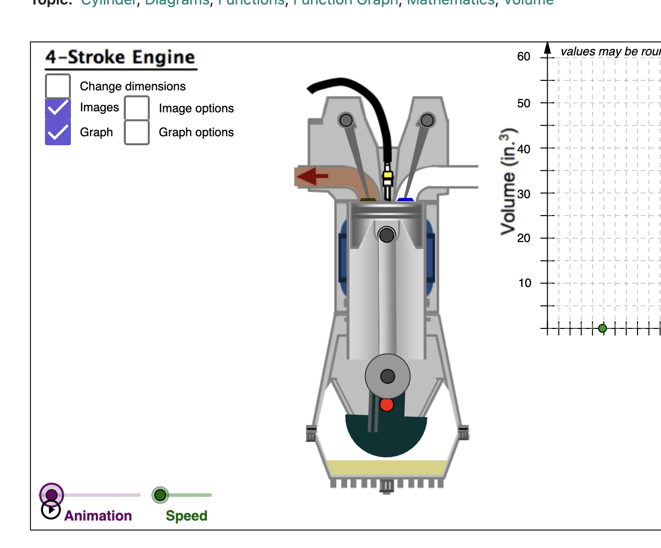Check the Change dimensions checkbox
tap(58, 86)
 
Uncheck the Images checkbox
tap(58, 108)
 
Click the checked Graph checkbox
tap(58, 132)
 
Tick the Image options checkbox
tap(137, 108)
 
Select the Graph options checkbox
tap(137, 132)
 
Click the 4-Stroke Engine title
tap(120, 57)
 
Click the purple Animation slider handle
tap(51, 495)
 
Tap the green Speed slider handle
tap(160, 495)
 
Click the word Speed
tap(186, 516)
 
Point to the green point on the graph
tap(603, 328)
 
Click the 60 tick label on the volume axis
tap(524, 57)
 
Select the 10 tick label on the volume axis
tap(525, 283)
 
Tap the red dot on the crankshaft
tap(386, 405)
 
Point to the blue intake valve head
tap(405, 200)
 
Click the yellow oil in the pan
tap(387, 468)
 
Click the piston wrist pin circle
tap(387, 235)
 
